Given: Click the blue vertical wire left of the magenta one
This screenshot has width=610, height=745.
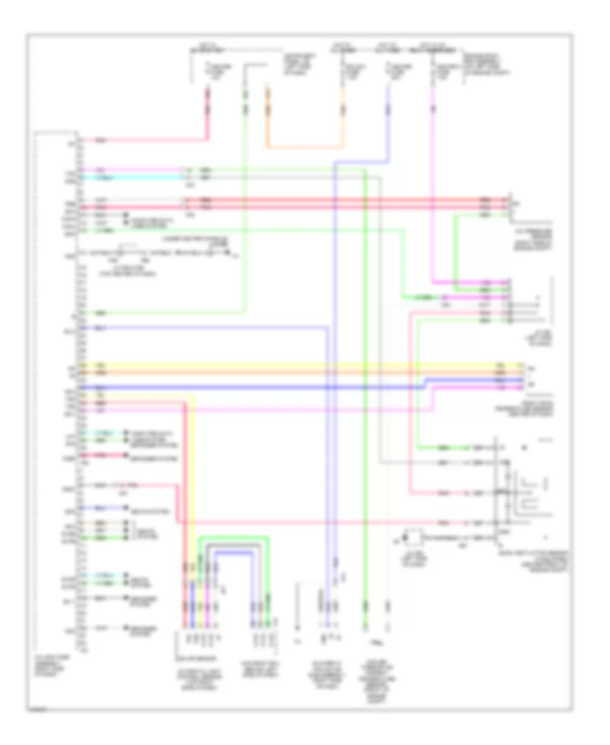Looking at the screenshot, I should [x=389, y=122].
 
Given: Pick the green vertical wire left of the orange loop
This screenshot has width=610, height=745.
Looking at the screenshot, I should [x=245, y=203].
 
